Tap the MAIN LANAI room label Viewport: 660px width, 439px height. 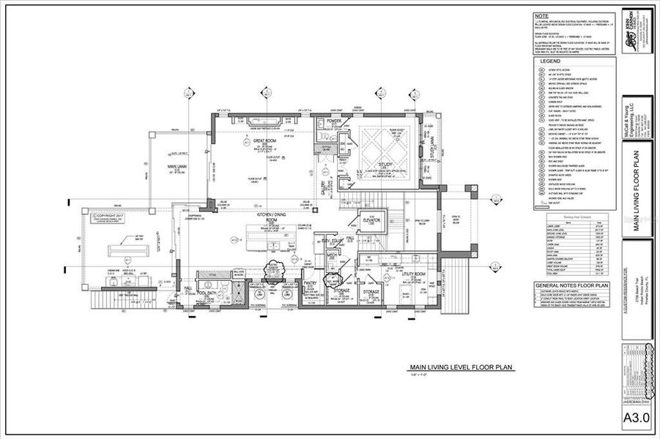pos(173,168)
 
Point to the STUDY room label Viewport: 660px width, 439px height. pos(385,165)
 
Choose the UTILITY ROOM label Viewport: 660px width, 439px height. pos(414,274)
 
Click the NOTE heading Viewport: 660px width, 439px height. pos(541,15)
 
